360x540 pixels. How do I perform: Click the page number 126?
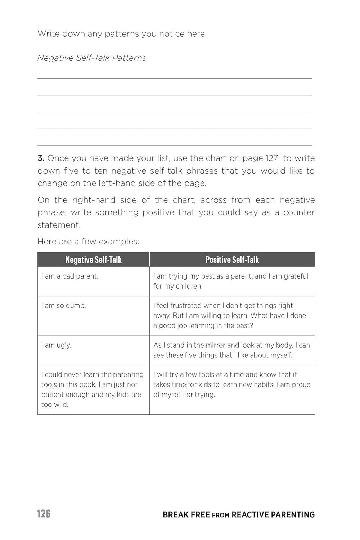[x=44, y=513]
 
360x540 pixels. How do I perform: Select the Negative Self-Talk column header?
[x=93, y=260]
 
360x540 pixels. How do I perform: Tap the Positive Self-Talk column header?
[x=232, y=260]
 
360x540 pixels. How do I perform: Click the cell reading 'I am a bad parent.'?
[x=70, y=276]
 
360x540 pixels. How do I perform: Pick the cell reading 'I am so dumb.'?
[x=64, y=306]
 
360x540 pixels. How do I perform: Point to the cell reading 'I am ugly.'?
[x=57, y=345]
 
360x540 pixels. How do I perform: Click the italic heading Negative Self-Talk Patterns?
[x=91, y=58]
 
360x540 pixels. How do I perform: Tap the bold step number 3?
[x=41, y=158]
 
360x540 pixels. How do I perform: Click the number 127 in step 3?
[x=271, y=158]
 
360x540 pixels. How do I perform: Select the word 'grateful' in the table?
[x=296, y=276]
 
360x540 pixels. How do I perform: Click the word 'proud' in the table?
[x=301, y=384]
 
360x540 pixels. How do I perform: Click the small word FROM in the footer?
[x=220, y=515]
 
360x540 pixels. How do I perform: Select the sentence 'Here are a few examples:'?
[x=88, y=241]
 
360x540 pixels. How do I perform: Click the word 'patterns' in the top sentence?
[x=122, y=34]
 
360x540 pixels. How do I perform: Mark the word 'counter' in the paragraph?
[x=299, y=212]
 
